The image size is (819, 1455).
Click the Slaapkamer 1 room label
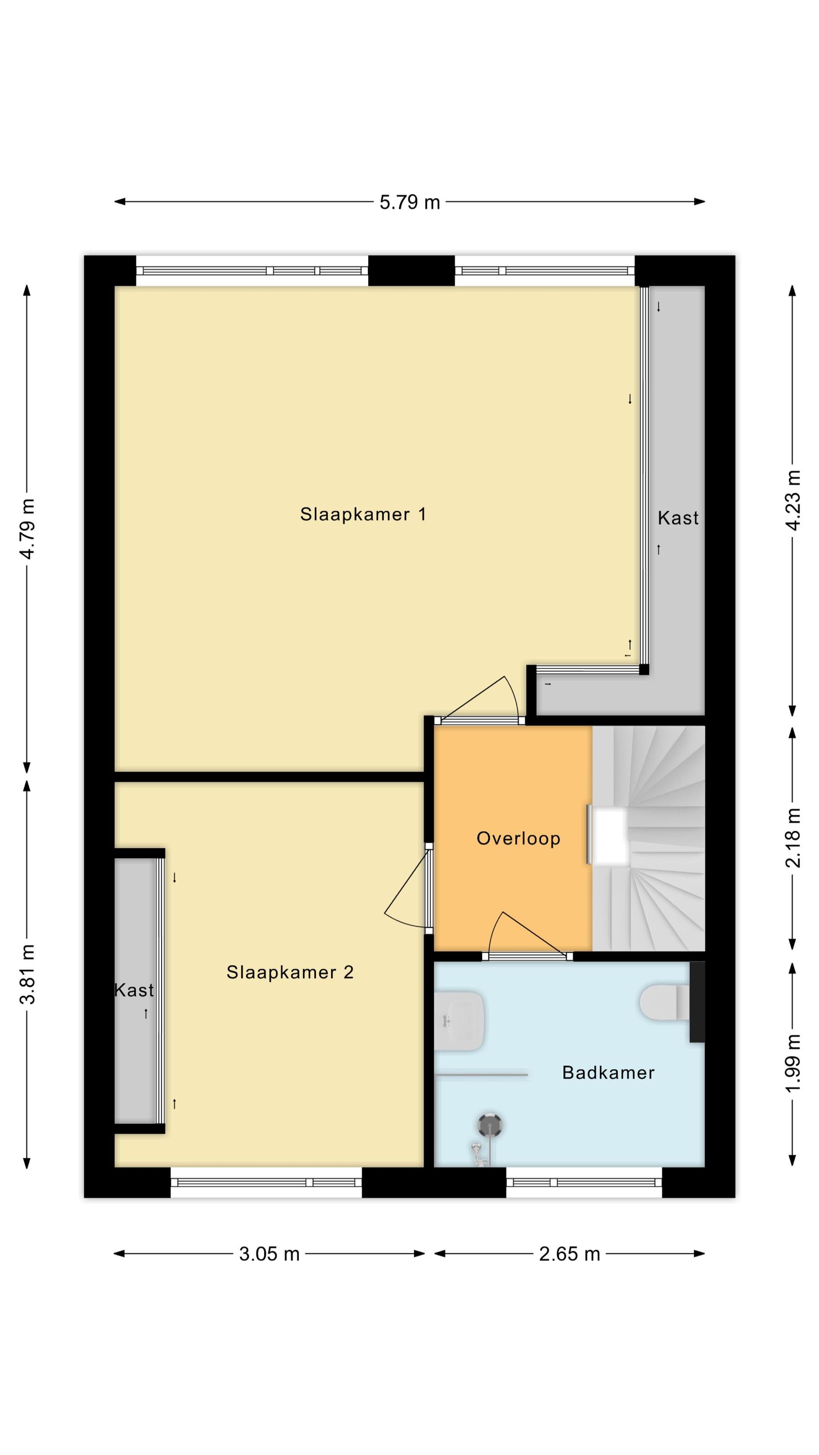363,515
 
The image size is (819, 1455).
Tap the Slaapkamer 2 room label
290,972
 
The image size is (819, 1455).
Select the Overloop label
518,838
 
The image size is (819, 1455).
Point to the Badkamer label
608,1073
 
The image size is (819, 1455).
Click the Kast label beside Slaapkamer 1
678,518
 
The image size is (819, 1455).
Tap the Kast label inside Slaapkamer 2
134,990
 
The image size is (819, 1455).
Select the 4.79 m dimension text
27,528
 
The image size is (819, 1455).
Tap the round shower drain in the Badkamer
490,1126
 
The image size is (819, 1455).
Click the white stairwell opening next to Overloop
609,836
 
